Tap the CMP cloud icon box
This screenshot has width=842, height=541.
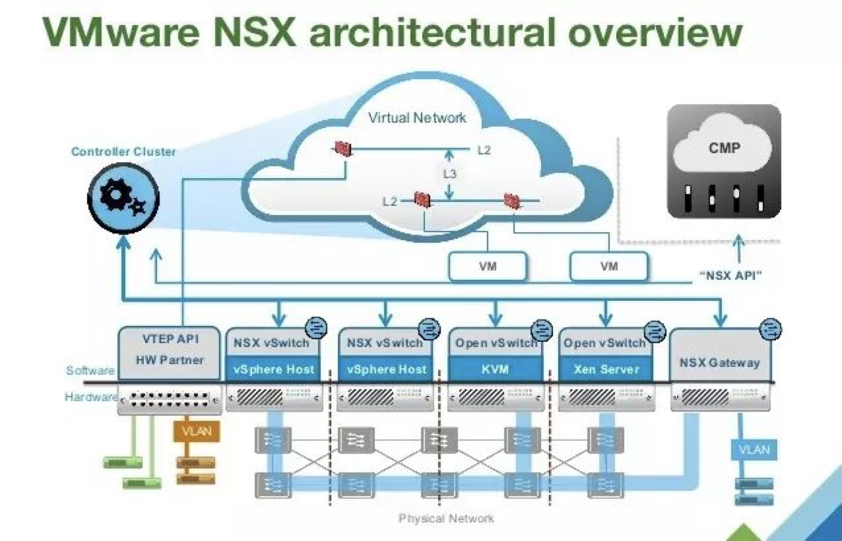724,161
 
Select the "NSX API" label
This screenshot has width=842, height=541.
730,275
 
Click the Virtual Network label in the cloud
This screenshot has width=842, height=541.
417,118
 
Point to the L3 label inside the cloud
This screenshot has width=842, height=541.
449,174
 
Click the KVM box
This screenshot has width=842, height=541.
495,369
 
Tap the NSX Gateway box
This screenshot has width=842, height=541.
720,362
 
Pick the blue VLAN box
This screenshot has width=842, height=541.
754,450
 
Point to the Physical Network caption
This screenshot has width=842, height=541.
446,518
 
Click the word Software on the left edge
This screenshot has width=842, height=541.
90,371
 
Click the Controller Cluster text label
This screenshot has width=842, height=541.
124,152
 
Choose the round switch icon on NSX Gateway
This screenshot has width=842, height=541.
770,328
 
